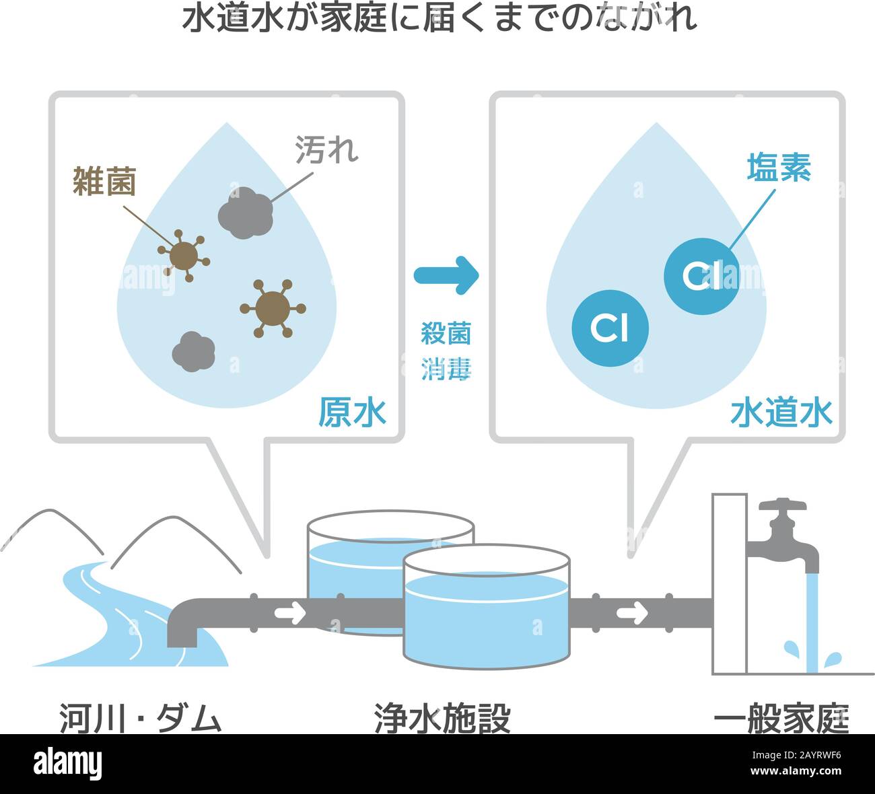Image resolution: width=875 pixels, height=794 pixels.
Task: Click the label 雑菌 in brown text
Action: tap(104, 181)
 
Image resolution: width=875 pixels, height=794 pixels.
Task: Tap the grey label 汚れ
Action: tap(326, 149)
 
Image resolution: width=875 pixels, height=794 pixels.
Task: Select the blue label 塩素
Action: tap(779, 167)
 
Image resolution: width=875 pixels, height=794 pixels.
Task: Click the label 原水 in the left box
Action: tap(353, 412)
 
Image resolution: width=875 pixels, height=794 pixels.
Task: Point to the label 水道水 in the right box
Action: tap(781, 412)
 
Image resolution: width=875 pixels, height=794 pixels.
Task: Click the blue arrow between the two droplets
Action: tap(446, 275)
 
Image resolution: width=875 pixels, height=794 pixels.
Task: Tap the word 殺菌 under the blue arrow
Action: tap(446, 334)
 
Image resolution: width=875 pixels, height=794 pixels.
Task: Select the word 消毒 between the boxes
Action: tap(446, 369)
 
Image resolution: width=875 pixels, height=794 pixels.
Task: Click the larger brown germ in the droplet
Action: tap(273, 309)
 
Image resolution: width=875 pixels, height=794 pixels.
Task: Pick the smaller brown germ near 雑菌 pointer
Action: tap(184, 256)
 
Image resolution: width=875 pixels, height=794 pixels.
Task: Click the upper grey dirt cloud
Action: tap(246, 213)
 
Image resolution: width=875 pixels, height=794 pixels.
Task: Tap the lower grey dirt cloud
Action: tap(194, 351)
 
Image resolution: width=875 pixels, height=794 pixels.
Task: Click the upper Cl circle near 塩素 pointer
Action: tap(702, 276)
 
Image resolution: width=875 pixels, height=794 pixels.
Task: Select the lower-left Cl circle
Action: tap(610, 328)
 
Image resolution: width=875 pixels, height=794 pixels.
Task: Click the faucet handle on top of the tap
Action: tap(783, 505)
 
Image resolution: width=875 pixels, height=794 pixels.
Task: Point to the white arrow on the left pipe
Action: tap(290, 613)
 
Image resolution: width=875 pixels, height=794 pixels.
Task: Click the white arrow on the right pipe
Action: tap(632, 613)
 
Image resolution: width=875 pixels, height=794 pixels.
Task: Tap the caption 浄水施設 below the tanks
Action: tap(443, 719)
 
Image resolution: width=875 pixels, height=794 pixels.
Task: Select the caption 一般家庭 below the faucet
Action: tap(781, 719)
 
